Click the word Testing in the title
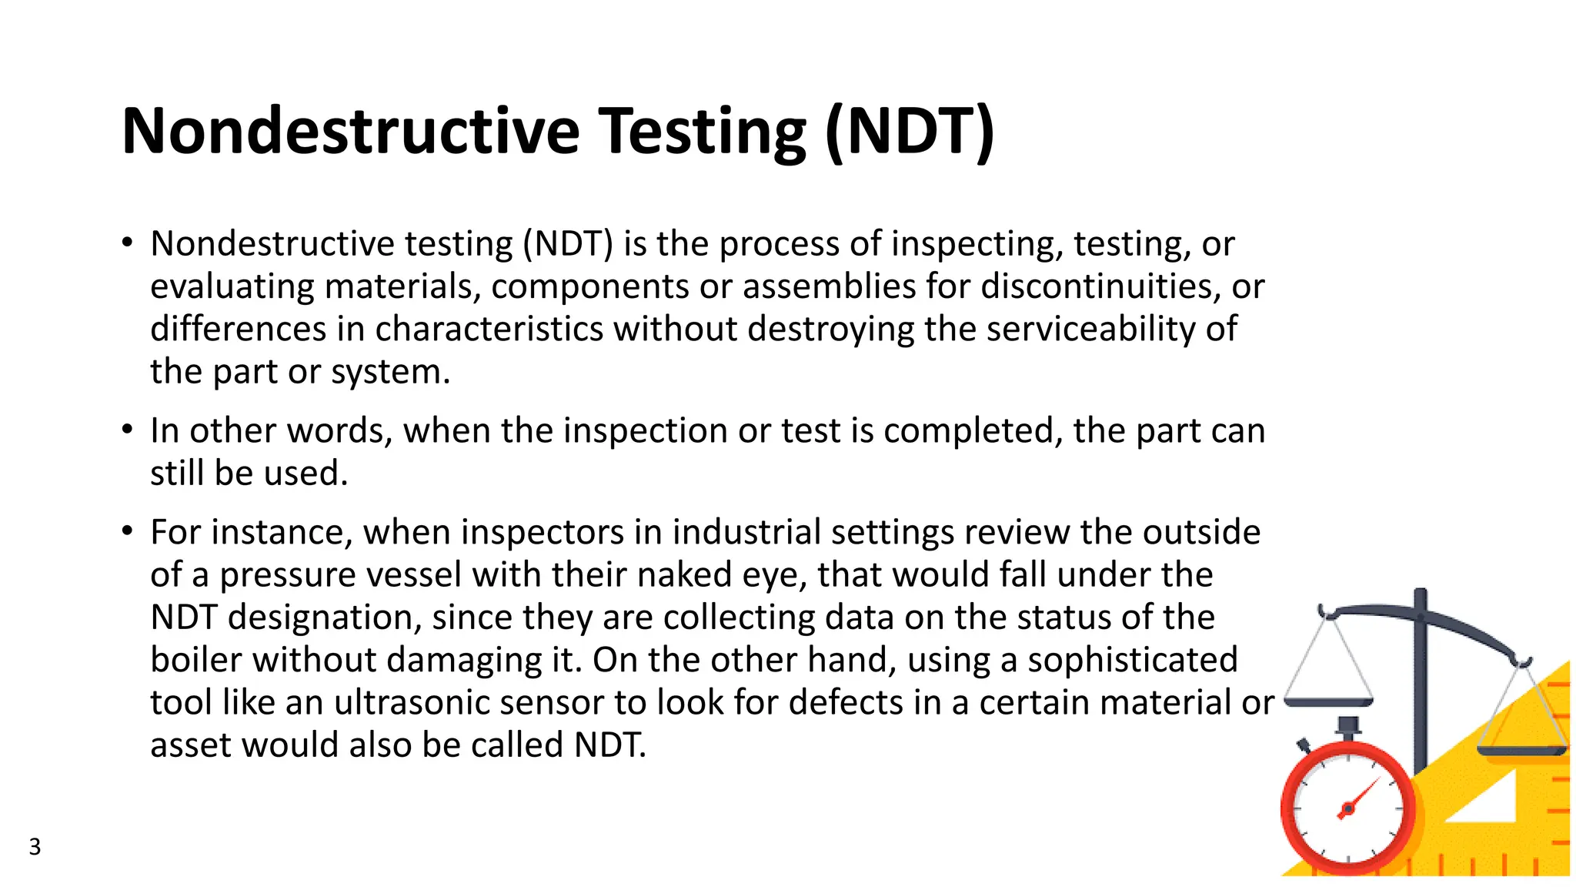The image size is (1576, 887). tap(702, 132)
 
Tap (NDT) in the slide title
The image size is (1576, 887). tap(910, 132)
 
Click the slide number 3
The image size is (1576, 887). tap(35, 847)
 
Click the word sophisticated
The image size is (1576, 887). tap(1133, 660)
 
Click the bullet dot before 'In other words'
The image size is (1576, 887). tap(128, 430)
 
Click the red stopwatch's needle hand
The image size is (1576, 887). tap(1361, 797)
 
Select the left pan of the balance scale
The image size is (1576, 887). tap(1329, 702)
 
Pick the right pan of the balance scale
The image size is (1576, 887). tap(1521, 750)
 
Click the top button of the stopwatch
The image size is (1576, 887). tap(1348, 726)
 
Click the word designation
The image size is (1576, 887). tap(324, 618)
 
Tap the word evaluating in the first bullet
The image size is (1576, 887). tap(232, 286)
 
